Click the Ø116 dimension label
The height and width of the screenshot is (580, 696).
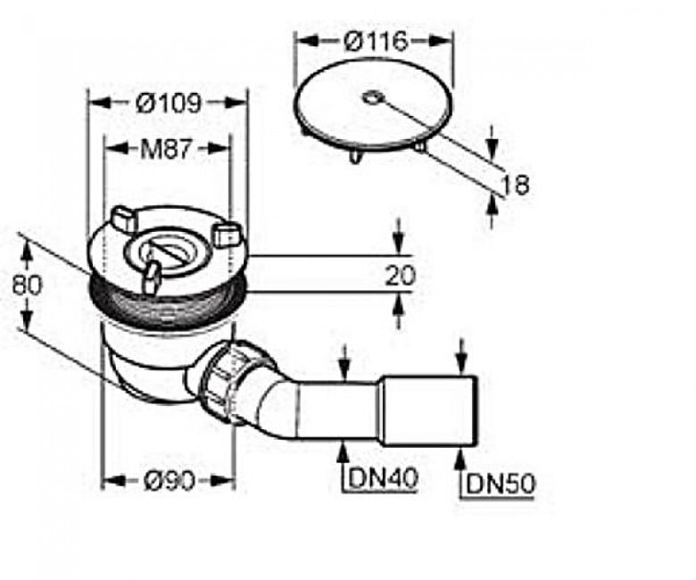coord(375,41)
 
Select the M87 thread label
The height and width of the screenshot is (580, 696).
coord(166,149)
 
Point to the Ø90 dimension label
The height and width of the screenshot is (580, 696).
coord(170,480)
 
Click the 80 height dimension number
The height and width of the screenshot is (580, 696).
coord(27,285)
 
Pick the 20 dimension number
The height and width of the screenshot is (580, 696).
coord(400,275)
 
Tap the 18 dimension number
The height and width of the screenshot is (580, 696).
coord(515,185)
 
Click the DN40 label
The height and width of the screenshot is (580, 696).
coord(383,478)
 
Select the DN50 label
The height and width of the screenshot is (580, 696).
coord(501,484)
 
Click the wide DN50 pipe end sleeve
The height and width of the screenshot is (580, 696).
coord(429,410)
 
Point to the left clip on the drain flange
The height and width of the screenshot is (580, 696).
coord(124,218)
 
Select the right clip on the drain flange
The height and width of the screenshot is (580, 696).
coord(228,234)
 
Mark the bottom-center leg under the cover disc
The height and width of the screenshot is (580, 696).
coord(355,156)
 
